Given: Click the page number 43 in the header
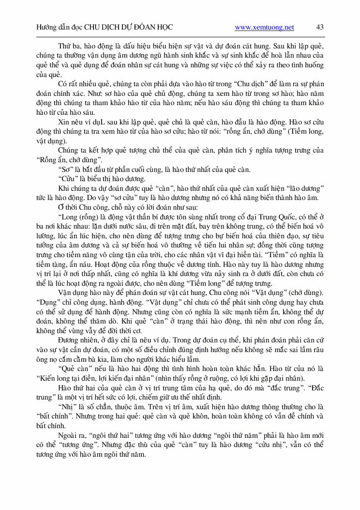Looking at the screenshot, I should (x=320, y=28).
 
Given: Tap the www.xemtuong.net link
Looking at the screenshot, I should (x=264, y=28).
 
